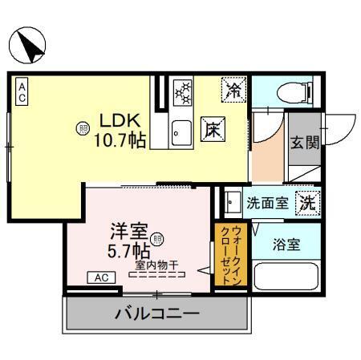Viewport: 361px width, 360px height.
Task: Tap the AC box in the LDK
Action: pyautogui.click(x=22, y=88)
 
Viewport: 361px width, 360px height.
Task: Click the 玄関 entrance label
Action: pyautogui.click(x=304, y=144)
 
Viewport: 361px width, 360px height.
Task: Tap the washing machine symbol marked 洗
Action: pyautogui.click(x=307, y=203)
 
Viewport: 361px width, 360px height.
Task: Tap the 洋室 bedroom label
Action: pyautogui.click(x=128, y=234)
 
